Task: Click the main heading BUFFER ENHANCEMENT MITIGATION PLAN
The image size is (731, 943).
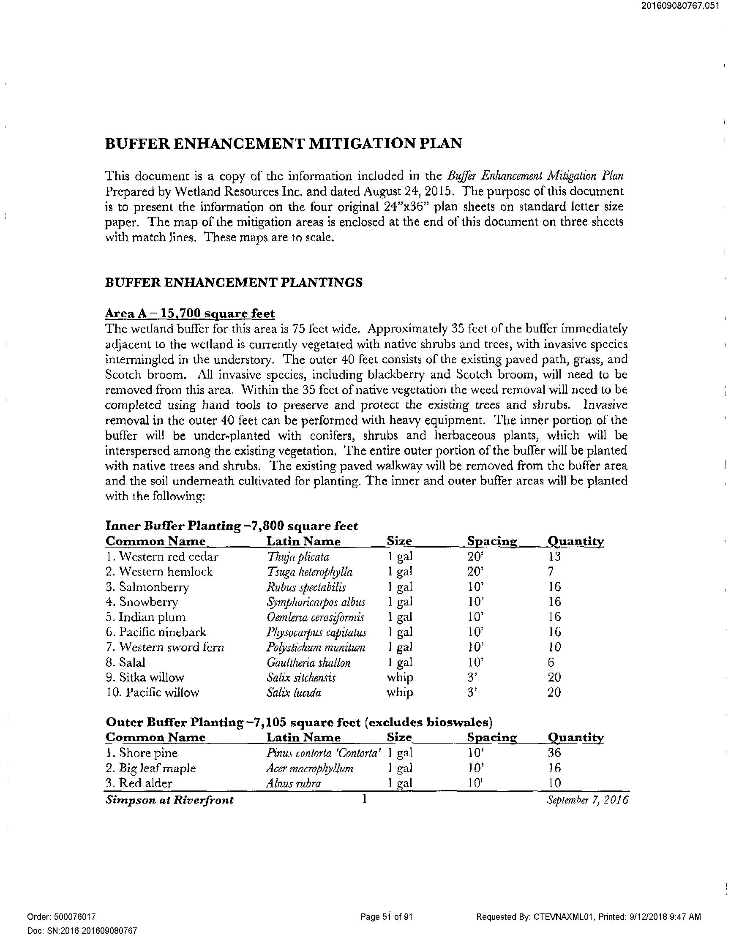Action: (x=283, y=143)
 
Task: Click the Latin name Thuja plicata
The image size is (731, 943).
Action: (x=298, y=557)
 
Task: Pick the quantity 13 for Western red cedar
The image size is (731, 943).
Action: (x=554, y=557)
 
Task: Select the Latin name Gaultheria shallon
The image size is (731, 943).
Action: (x=308, y=663)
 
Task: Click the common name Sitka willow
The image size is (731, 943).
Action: (x=145, y=677)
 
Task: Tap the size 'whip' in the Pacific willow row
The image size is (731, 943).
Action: (x=400, y=692)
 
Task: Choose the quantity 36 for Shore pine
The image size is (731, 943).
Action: (x=554, y=753)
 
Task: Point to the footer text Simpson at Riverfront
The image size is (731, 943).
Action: (x=170, y=800)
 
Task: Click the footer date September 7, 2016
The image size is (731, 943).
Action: (x=588, y=800)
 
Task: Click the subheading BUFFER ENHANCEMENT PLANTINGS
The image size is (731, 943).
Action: (x=234, y=283)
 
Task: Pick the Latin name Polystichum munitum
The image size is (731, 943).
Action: (x=316, y=648)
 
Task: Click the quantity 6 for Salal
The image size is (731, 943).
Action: (x=551, y=663)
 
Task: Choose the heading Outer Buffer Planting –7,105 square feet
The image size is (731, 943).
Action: (x=299, y=722)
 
